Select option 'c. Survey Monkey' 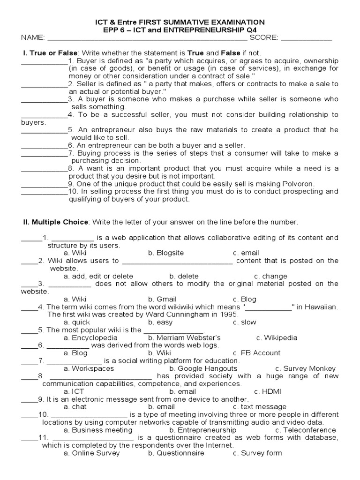(x=305, y=368)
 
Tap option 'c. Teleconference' (x=305, y=430)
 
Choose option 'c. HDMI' (x=267, y=391)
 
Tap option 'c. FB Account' (x=256, y=353)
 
